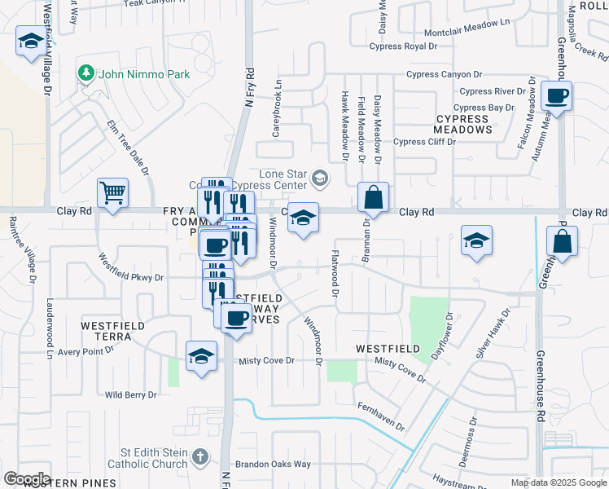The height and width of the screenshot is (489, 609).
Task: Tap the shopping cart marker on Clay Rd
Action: point(112,193)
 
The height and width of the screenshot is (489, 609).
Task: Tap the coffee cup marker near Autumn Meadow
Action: point(557,96)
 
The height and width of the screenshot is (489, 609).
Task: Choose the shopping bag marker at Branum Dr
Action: point(373,196)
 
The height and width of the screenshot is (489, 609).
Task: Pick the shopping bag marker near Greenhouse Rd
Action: point(562,241)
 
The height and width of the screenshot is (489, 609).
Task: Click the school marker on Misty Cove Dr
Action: point(201,355)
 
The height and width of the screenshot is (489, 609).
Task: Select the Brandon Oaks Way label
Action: point(273,465)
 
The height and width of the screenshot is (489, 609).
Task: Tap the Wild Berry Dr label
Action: point(130,394)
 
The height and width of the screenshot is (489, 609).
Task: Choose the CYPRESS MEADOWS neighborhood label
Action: point(462,124)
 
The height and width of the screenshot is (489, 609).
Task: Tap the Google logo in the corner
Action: point(26,478)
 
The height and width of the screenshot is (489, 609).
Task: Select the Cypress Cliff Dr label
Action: point(424,142)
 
